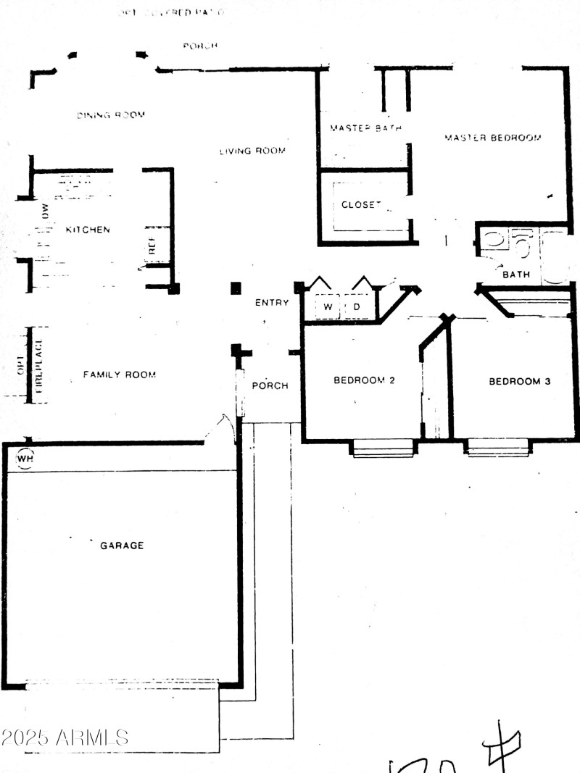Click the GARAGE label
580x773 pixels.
pos(122,546)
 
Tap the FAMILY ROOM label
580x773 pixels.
pos(120,375)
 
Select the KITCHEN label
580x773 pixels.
pos(88,230)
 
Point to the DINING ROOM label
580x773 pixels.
pos(111,115)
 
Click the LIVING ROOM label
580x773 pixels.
pos(252,151)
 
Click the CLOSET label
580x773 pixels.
pos(361,205)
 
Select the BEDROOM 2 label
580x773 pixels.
pos(364,380)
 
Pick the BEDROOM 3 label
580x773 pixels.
pos(519,381)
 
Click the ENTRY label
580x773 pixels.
pos(272,303)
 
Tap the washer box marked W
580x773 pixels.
pos(328,307)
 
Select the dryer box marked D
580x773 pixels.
pos(357,307)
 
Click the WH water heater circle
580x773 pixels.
pos(25,459)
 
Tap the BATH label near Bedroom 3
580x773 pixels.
pos(516,275)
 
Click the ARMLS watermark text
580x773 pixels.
pos(65,738)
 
